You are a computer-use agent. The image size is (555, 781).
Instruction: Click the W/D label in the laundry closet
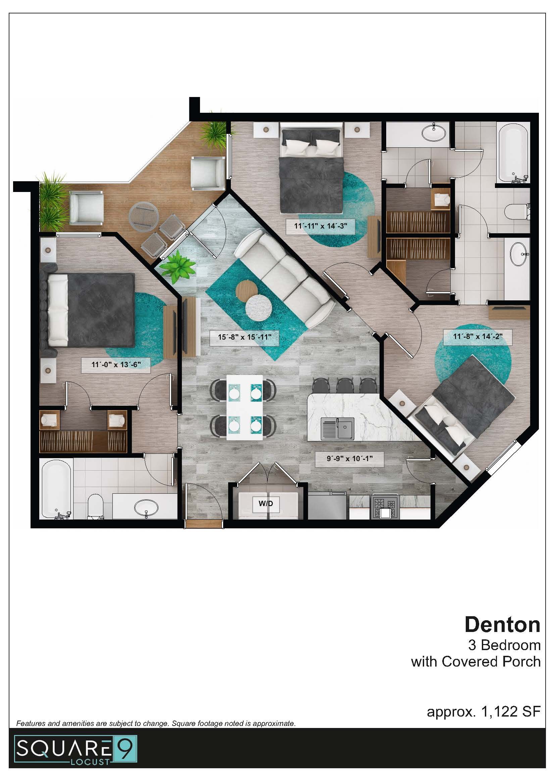point(265,503)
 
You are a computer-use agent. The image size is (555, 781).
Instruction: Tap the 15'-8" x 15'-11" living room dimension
point(245,337)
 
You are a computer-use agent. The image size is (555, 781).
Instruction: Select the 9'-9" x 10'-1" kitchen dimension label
point(349,458)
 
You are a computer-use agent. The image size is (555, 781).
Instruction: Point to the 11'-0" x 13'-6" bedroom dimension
point(116,365)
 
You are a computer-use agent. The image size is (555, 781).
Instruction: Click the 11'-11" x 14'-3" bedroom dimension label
point(320,226)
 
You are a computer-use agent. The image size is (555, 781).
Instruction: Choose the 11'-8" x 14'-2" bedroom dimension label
point(477,336)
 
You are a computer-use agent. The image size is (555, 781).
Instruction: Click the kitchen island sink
point(338,429)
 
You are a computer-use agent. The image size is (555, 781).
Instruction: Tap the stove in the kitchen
point(386,507)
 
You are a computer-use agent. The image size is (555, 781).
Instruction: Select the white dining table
point(245,407)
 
